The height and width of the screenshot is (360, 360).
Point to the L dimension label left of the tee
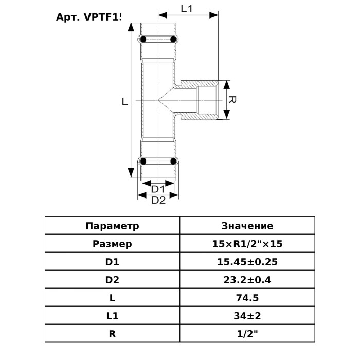point(124,102)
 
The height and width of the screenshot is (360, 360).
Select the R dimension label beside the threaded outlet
point(232,100)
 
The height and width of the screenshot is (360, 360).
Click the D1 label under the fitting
point(157,189)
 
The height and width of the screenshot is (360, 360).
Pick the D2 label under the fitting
point(158,201)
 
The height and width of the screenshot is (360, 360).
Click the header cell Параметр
point(112,226)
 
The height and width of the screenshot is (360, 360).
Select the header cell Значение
point(247,226)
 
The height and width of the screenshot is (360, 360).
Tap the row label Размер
point(112,244)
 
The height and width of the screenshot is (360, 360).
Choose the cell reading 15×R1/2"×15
point(247,244)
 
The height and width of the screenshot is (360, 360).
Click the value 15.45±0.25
point(247,262)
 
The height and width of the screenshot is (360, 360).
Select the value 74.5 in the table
point(247,298)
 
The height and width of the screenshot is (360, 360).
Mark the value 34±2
point(247,315)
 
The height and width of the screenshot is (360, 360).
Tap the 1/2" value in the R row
point(247,333)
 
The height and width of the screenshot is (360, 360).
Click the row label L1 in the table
point(112,315)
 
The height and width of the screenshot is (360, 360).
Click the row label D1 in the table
point(112,262)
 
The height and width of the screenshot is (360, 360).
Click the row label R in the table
point(112,333)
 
